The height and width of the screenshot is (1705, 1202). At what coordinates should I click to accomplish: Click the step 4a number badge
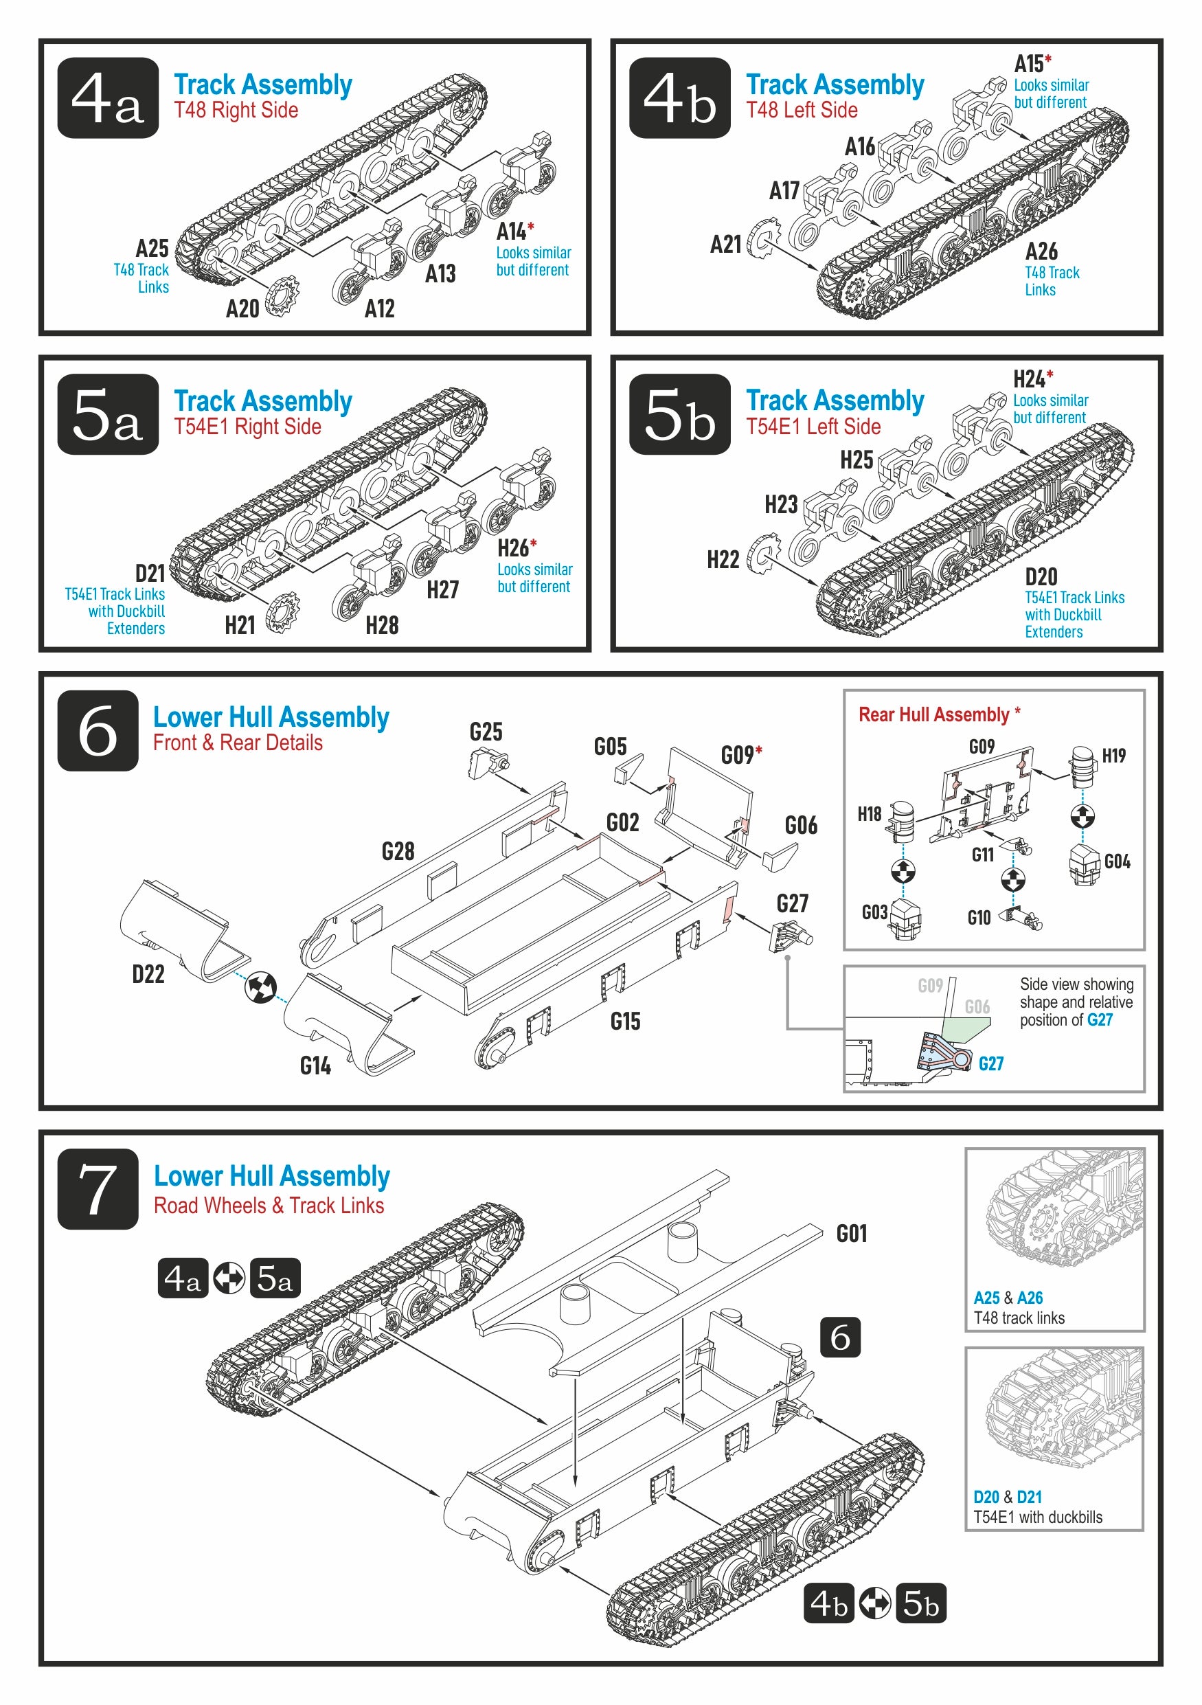click(x=108, y=98)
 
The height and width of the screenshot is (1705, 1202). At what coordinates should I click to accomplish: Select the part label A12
click(x=379, y=308)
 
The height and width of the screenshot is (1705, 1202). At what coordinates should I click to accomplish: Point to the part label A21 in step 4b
click(x=725, y=245)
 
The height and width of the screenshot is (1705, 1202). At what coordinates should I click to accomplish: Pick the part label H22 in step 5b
click(x=723, y=559)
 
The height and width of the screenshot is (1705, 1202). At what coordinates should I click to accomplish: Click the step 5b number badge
click(x=679, y=414)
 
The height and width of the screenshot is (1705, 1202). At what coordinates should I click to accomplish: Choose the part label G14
click(x=315, y=1065)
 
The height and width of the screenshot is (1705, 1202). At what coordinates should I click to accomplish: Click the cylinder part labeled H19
click(x=1082, y=768)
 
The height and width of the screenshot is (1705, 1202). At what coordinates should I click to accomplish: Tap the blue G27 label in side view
click(x=991, y=1063)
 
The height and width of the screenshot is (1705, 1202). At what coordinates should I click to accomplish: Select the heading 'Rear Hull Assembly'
click(x=933, y=714)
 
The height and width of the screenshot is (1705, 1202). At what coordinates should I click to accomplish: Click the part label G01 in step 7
click(x=852, y=1234)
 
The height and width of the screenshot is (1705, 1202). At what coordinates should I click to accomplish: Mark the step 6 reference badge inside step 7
click(x=840, y=1337)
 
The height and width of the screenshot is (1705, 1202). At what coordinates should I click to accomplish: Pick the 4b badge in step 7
click(x=828, y=1603)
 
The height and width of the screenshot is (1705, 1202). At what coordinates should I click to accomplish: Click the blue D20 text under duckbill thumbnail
click(x=986, y=1496)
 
